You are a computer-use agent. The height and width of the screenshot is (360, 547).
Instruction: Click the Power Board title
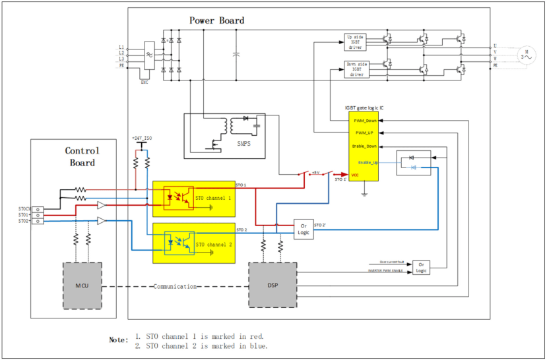coord(216,20)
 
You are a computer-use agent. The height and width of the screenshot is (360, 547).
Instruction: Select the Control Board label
coord(82,156)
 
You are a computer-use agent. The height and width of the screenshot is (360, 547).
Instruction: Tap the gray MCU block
coord(82,284)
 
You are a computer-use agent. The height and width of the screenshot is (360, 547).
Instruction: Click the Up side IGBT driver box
coord(356,42)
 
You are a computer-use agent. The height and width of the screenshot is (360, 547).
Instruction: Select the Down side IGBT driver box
coord(356,69)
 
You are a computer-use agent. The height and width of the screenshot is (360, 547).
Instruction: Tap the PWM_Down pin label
coord(364,121)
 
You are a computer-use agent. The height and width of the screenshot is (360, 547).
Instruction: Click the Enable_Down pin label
coord(365,146)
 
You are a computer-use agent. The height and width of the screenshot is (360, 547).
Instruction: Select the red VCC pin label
coord(356,175)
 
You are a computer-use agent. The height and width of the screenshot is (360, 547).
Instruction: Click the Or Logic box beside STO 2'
coord(304,229)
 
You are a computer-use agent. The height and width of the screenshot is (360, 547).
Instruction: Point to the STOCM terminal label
coord(24,208)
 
